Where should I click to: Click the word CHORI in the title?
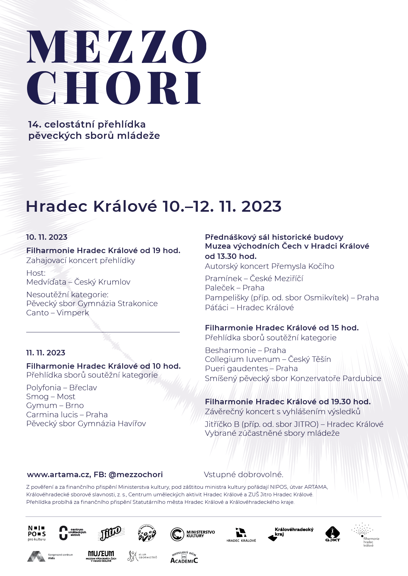(x=114, y=88)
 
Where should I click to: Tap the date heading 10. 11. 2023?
(x=47, y=237)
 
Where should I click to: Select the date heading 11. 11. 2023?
(x=46, y=353)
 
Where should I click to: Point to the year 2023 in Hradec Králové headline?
(x=261, y=207)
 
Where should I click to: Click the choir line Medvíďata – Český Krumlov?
(x=78, y=282)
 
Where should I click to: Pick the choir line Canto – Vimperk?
(x=58, y=313)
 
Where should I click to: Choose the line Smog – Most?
(x=51, y=396)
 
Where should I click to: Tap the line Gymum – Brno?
(x=55, y=406)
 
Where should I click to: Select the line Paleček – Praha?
(x=235, y=288)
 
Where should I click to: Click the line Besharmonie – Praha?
(x=245, y=350)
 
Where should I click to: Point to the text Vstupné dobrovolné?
(x=244, y=474)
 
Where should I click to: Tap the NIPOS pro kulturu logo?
(x=37, y=533)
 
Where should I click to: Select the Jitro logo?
(x=110, y=533)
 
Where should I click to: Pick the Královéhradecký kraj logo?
(x=290, y=533)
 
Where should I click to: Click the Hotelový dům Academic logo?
(x=184, y=558)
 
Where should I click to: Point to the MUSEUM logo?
(x=101, y=556)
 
